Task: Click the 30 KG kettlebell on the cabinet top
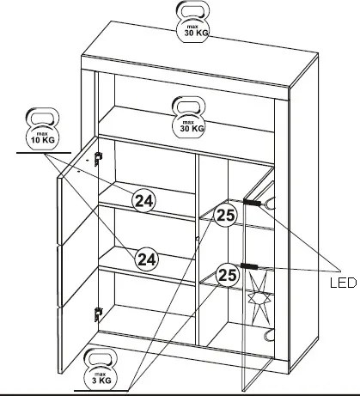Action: [192, 22]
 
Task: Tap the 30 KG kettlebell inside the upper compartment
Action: [188, 118]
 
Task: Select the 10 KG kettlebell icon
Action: [42, 130]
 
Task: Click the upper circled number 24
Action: [144, 200]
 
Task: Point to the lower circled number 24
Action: [147, 259]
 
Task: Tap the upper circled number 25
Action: [226, 215]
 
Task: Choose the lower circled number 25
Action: [228, 275]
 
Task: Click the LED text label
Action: [343, 283]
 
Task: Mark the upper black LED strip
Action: [252, 202]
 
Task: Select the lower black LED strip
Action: [249, 266]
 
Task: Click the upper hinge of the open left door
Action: [98, 158]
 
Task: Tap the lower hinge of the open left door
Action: [98, 314]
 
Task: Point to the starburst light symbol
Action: [259, 298]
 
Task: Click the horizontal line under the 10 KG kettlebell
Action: [44, 153]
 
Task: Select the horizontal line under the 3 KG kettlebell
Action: [101, 390]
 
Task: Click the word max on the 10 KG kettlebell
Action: [42, 134]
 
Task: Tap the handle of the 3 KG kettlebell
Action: [101, 358]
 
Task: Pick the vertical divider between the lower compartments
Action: [197, 249]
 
